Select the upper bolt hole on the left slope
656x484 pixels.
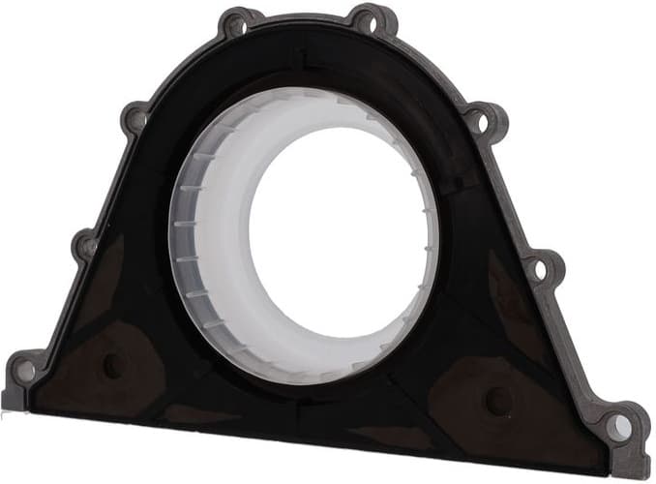(x=136, y=119)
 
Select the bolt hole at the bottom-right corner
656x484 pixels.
(x=616, y=427)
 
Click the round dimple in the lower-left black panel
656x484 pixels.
(x=113, y=365)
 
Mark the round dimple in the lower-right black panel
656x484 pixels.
(x=497, y=400)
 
